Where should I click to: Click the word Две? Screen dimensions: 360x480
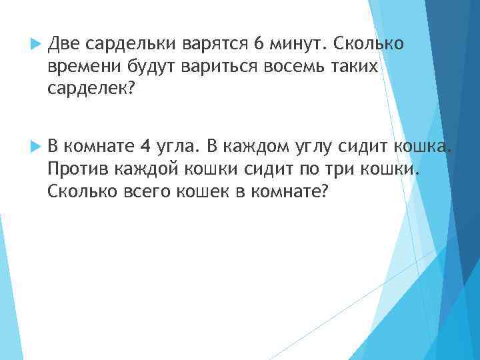(x=63, y=44)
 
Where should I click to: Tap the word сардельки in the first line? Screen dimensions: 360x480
(x=127, y=44)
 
